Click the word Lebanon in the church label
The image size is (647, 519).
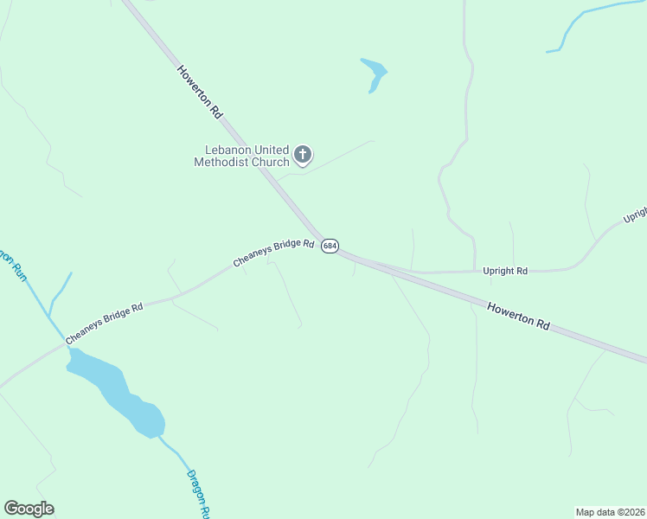222,150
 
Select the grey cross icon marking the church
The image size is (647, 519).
302,155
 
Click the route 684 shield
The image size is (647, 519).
330,246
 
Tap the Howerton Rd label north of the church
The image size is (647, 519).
201,92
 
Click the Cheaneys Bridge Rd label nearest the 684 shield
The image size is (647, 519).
273,253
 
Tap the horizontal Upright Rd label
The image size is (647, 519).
504,271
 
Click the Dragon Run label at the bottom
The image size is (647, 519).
197,494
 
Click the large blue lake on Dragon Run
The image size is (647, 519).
117,389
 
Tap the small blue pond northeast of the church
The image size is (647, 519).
374,73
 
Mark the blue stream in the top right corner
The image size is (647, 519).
588,17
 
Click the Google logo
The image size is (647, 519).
29,509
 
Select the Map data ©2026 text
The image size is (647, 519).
610,511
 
